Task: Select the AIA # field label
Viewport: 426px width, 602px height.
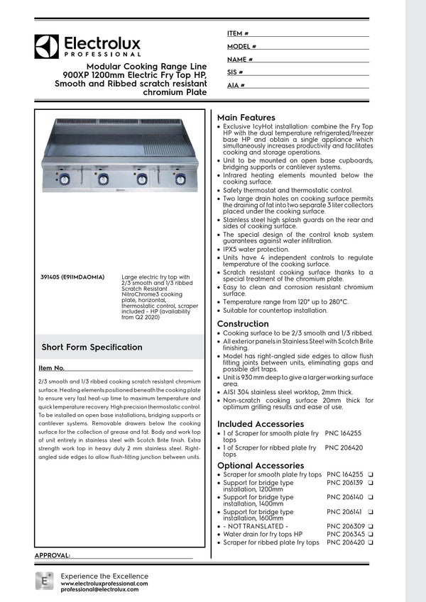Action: pos(236,85)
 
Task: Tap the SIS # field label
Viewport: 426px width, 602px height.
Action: pos(235,72)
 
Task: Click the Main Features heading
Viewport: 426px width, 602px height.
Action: pos(246,117)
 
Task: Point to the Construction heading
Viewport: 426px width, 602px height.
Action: pos(242,324)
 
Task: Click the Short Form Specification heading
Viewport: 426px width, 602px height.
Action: pos(92,347)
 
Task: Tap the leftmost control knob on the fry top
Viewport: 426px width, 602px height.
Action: pos(65,179)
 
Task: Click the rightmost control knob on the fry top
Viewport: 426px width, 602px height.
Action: pos(180,179)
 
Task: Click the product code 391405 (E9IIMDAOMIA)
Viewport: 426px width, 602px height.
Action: pos(73,277)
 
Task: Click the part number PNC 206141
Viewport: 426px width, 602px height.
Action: pos(344,511)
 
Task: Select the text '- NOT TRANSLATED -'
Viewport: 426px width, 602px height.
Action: pos(256,526)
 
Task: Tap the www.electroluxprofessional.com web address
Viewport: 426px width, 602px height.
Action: pos(104,583)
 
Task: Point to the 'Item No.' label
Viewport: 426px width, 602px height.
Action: pos(51,369)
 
